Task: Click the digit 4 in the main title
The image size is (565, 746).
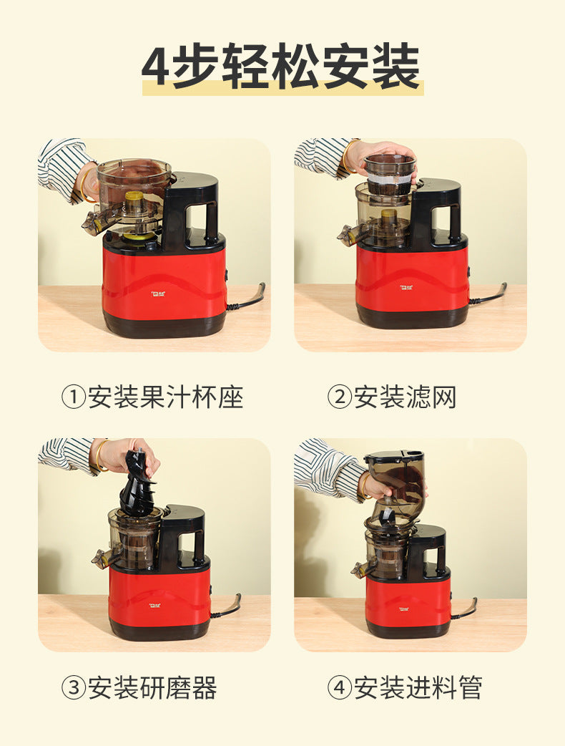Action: [155, 67]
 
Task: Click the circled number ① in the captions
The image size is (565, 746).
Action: [73, 397]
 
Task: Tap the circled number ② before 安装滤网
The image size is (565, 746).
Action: [339, 397]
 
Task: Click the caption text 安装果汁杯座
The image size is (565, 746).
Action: [165, 397]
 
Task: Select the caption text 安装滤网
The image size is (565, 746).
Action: [405, 397]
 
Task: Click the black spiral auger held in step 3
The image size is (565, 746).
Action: [137, 483]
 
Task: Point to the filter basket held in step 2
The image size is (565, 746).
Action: [390, 174]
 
